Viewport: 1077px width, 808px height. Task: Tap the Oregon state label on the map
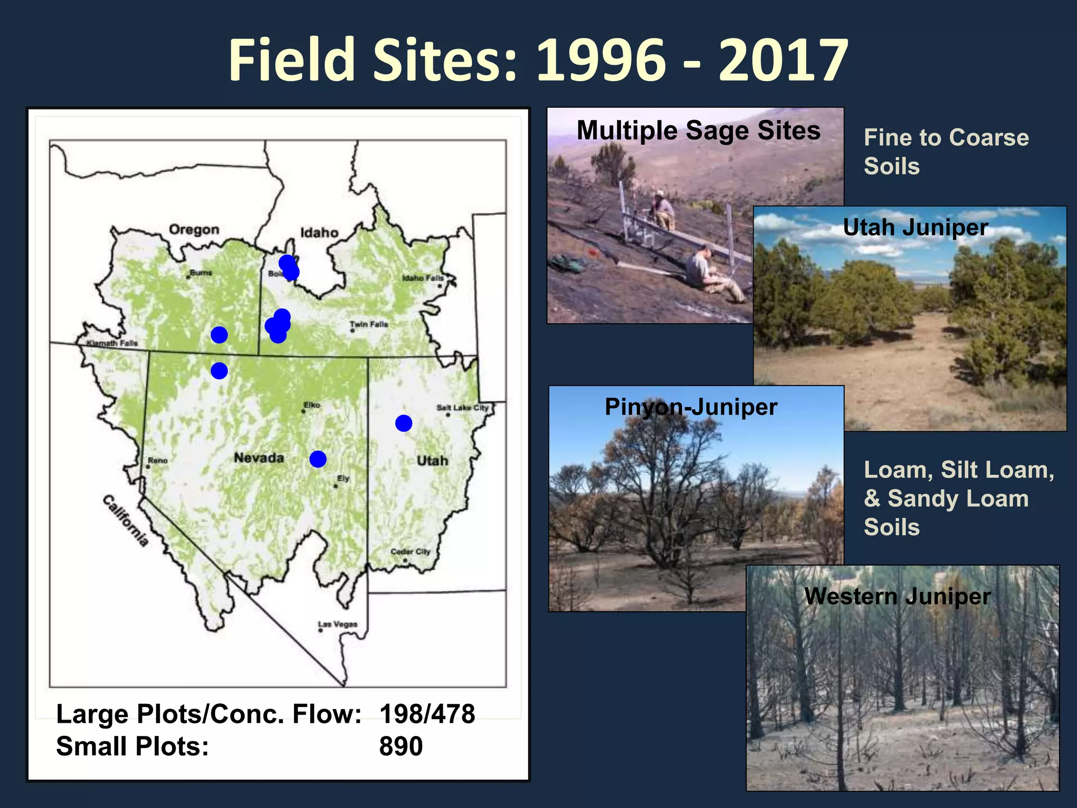pyautogui.click(x=194, y=230)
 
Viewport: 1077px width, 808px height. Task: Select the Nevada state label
pyautogui.click(x=259, y=458)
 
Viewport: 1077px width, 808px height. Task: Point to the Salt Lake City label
pyautogui.click(x=462, y=408)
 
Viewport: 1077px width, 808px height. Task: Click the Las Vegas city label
pyautogui.click(x=338, y=624)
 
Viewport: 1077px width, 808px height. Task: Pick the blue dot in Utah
pyautogui.click(x=404, y=423)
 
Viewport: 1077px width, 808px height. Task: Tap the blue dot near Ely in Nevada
pyautogui.click(x=318, y=459)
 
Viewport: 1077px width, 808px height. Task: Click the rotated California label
pyautogui.click(x=125, y=521)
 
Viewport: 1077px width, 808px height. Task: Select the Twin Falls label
pyautogui.click(x=369, y=325)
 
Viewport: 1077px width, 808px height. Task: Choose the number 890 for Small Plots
pyautogui.click(x=401, y=746)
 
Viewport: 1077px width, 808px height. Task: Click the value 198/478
pyautogui.click(x=427, y=714)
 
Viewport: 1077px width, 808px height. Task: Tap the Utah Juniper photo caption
pyautogui.click(x=915, y=228)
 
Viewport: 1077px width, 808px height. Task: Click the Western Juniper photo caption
pyautogui.click(x=897, y=597)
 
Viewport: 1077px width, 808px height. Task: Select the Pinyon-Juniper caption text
pyautogui.click(x=690, y=407)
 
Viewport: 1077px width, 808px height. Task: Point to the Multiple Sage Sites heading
pyautogui.click(x=698, y=130)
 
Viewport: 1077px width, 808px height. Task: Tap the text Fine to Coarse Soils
pyautogui.click(x=946, y=151)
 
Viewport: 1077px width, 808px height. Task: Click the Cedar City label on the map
pyautogui.click(x=410, y=551)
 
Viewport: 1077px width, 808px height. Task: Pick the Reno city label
pyautogui.click(x=158, y=460)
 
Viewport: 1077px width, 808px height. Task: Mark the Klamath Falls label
pyautogui.click(x=113, y=343)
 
